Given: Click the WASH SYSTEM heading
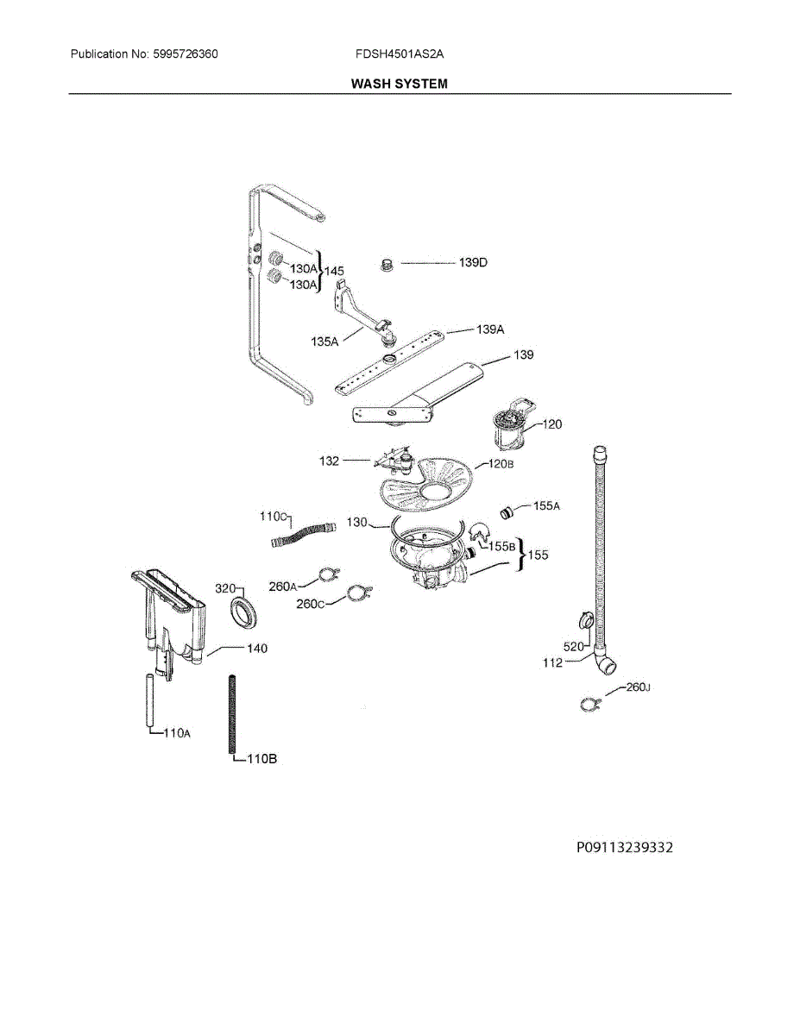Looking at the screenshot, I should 400,84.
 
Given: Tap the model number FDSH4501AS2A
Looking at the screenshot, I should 399,53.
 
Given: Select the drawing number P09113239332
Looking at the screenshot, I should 624,848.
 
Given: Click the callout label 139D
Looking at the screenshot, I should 472,262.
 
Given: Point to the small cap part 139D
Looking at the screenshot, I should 388,263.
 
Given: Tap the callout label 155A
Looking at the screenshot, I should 546,507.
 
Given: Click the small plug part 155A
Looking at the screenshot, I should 507,512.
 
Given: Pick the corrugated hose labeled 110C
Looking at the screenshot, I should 302,536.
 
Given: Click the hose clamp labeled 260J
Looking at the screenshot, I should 589,705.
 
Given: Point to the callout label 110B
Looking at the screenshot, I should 261,759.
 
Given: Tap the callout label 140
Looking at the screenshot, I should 256,648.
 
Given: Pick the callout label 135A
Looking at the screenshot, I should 324,342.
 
